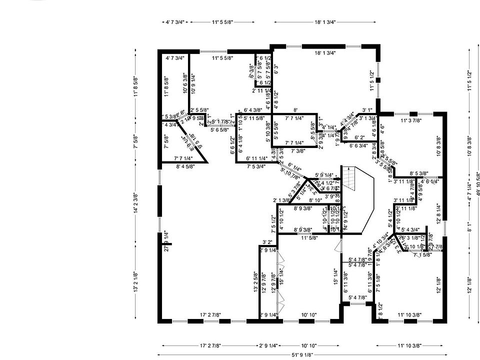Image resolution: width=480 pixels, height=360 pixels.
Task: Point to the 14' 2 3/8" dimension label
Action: [135, 203]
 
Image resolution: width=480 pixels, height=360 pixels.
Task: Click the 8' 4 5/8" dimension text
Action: [186, 166]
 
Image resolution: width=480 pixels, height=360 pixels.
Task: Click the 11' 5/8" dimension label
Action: [310, 237]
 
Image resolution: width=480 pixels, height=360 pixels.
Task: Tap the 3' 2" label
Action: [267, 242]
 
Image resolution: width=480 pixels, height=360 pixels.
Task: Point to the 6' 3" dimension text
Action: [275, 69]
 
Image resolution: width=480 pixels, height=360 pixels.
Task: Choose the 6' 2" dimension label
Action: [359, 137]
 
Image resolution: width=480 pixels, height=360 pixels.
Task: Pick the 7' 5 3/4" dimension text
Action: [256, 166]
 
